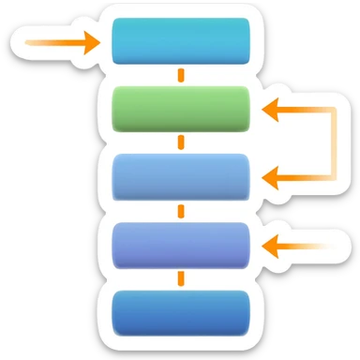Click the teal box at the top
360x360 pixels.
181,41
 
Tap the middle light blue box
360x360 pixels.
181,175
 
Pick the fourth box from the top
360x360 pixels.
181,246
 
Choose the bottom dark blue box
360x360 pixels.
181,313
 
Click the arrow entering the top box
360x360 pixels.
62,42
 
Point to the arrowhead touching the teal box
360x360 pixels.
91,42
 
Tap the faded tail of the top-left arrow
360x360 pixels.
34,42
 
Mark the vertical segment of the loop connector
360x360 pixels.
333,142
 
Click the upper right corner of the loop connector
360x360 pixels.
333,111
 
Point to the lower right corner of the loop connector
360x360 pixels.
333,175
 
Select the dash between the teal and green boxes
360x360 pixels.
181,75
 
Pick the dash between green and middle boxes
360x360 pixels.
181,142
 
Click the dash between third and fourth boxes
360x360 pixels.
181,211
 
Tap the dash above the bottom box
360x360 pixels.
181,279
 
